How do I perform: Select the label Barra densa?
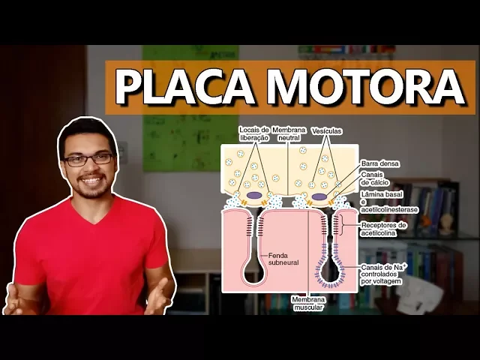[x=379, y=163]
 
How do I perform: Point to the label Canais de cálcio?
[x=374, y=178]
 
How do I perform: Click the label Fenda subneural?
[x=283, y=259]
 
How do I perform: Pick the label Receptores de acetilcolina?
[x=384, y=229]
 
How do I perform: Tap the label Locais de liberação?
[x=253, y=133]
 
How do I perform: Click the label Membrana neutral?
[x=289, y=133]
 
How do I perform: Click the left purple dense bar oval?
[x=255, y=196]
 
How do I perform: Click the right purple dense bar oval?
[x=319, y=197]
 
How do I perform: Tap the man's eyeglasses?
[x=88, y=159]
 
